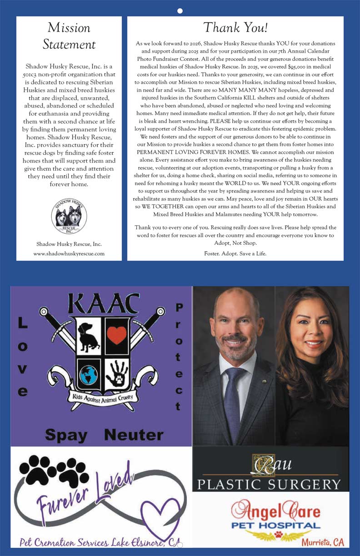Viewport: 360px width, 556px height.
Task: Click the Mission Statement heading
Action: pos(69,36)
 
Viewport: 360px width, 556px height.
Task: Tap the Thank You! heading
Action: pos(235,28)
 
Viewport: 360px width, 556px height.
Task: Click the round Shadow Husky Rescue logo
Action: pos(69,217)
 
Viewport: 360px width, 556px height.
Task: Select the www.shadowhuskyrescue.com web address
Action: pos(69,253)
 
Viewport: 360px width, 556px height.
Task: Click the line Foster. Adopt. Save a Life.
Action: pos(235,253)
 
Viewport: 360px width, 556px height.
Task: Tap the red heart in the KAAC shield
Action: pos(117,335)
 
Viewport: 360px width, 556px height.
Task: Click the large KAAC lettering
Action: pos(103,304)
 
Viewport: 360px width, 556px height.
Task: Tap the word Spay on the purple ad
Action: pos(66,435)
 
